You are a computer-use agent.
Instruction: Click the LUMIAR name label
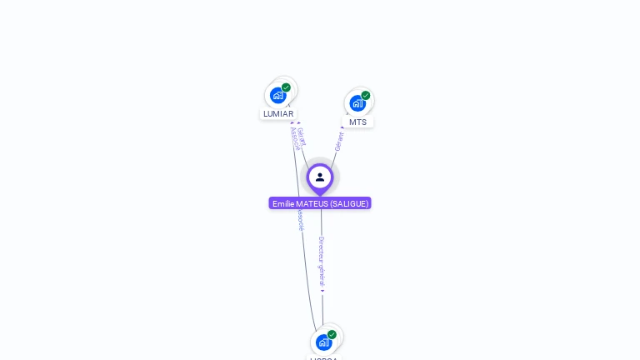pos(278,114)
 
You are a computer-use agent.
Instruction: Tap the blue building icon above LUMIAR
pos(278,95)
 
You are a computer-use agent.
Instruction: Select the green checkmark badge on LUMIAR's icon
pos(286,87)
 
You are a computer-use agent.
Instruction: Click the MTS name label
pos(357,122)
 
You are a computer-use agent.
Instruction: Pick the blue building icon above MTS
pos(357,103)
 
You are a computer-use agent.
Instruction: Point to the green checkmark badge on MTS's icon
pos(365,96)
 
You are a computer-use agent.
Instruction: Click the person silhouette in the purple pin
pos(320,177)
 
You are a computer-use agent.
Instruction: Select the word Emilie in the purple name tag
pos(283,203)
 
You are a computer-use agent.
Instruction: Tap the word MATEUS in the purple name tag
pos(312,203)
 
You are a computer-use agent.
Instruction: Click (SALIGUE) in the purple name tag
pos(348,203)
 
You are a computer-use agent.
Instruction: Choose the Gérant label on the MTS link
pos(339,141)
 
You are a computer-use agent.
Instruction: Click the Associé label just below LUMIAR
pos(294,138)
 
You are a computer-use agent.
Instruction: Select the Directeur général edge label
pos(322,262)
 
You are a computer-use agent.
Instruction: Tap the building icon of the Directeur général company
pos(323,342)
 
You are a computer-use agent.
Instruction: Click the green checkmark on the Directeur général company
pos(332,334)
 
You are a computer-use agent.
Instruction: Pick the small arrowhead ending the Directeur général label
pos(322,292)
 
